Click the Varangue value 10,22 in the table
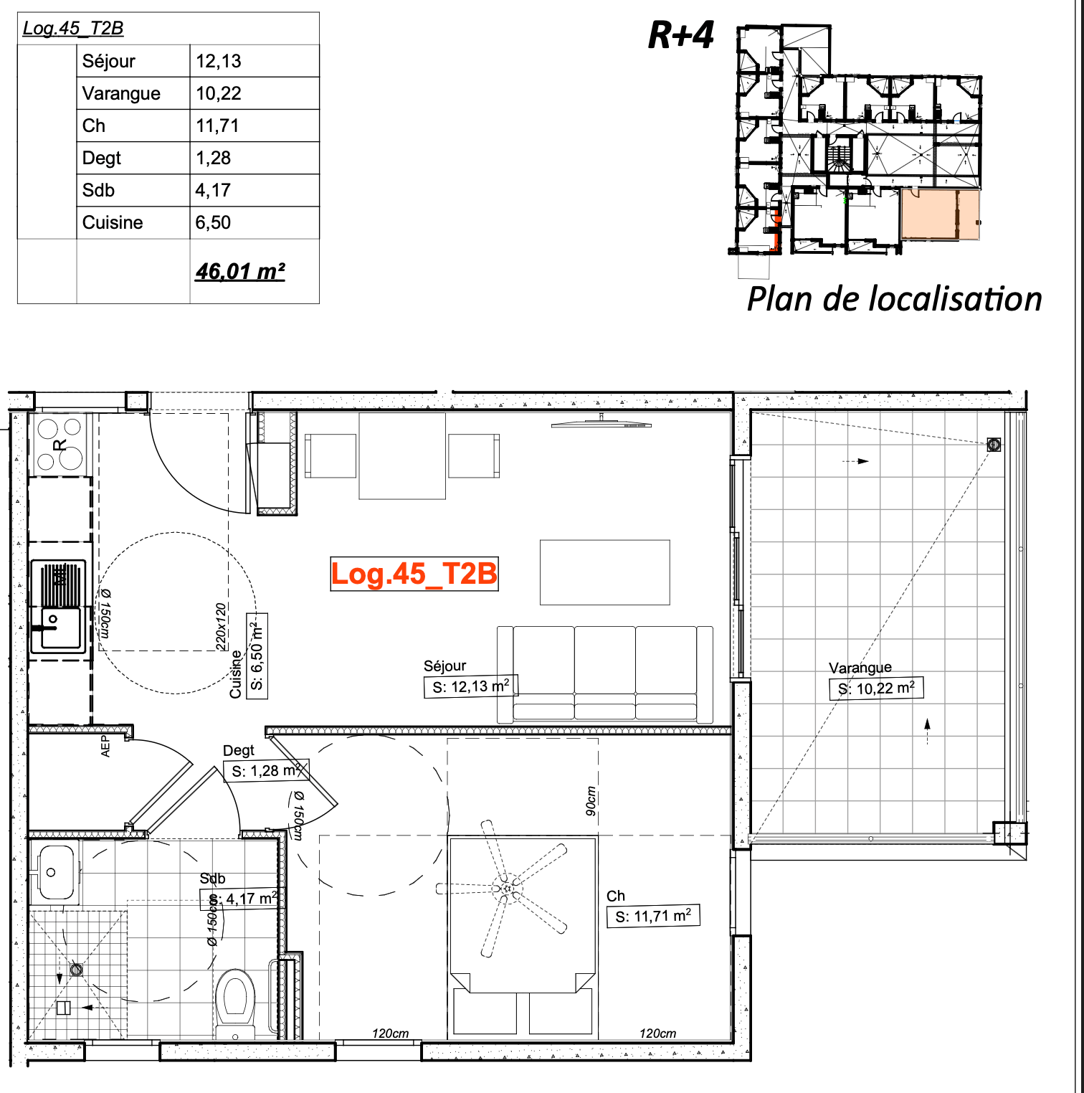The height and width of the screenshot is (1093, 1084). [x=219, y=93]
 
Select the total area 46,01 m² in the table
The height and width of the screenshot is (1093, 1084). [x=240, y=271]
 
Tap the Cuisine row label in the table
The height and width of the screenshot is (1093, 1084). [x=113, y=222]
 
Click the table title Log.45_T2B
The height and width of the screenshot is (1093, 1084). [x=73, y=28]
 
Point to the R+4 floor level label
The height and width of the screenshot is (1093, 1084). [x=681, y=34]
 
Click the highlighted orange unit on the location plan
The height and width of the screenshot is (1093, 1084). [x=940, y=214]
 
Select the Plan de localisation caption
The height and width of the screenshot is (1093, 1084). [x=894, y=298]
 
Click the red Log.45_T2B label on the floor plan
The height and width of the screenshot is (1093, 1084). [x=414, y=574]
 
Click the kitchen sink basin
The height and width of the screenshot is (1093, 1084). [x=61, y=628]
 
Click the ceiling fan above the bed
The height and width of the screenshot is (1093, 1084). [x=508, y=889]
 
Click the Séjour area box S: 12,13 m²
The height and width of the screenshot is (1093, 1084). [x=470, y=686]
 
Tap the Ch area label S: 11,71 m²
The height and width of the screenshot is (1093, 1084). [x=653, y=916]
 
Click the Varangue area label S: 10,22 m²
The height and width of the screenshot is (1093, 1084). [x=876, y=689]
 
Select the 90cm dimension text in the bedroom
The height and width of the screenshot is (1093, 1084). [x=591, y=801]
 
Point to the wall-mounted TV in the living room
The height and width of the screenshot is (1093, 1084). [x=602, y=424]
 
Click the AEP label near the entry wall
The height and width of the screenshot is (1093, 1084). [x=105, y=746]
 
